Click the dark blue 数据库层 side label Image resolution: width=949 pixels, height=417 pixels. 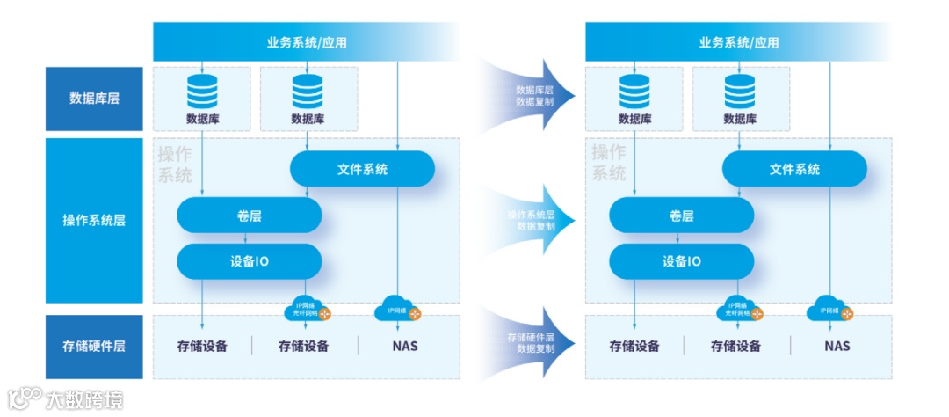coord(94,98)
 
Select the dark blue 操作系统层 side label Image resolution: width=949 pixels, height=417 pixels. coord(94,220)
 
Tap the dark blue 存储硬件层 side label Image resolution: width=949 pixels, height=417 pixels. coord(94,346)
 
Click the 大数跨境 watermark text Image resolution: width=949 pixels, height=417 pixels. coord(83,399)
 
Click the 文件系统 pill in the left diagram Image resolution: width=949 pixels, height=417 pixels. coord(362,169)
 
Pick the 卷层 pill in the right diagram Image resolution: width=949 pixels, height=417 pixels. coord(681,216)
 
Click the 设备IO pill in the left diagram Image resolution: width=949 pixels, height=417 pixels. coord(250,261)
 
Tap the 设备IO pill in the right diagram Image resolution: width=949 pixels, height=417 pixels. coord(681,261)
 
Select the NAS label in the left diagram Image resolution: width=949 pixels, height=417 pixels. coord(405,346)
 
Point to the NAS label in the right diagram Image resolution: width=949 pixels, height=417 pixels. coord(837,346)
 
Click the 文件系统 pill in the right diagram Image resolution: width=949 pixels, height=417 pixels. coord(794,169)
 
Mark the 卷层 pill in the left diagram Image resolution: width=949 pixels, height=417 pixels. coord(250,216)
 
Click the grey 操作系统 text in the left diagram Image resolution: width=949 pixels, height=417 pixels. coord(175,165)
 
